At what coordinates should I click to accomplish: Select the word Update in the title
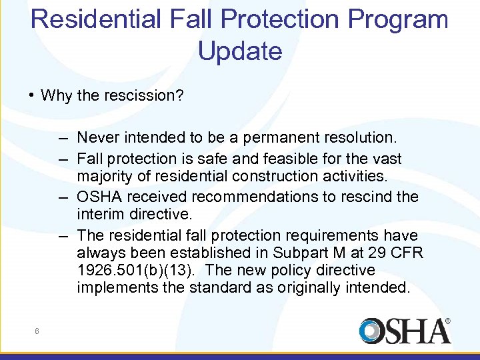(x=240, y=51)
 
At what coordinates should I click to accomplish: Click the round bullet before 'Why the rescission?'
(x=32, y=95)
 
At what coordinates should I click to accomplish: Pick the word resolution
(x=361, y=138)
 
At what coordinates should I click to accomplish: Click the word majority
(x=103, y=176)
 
